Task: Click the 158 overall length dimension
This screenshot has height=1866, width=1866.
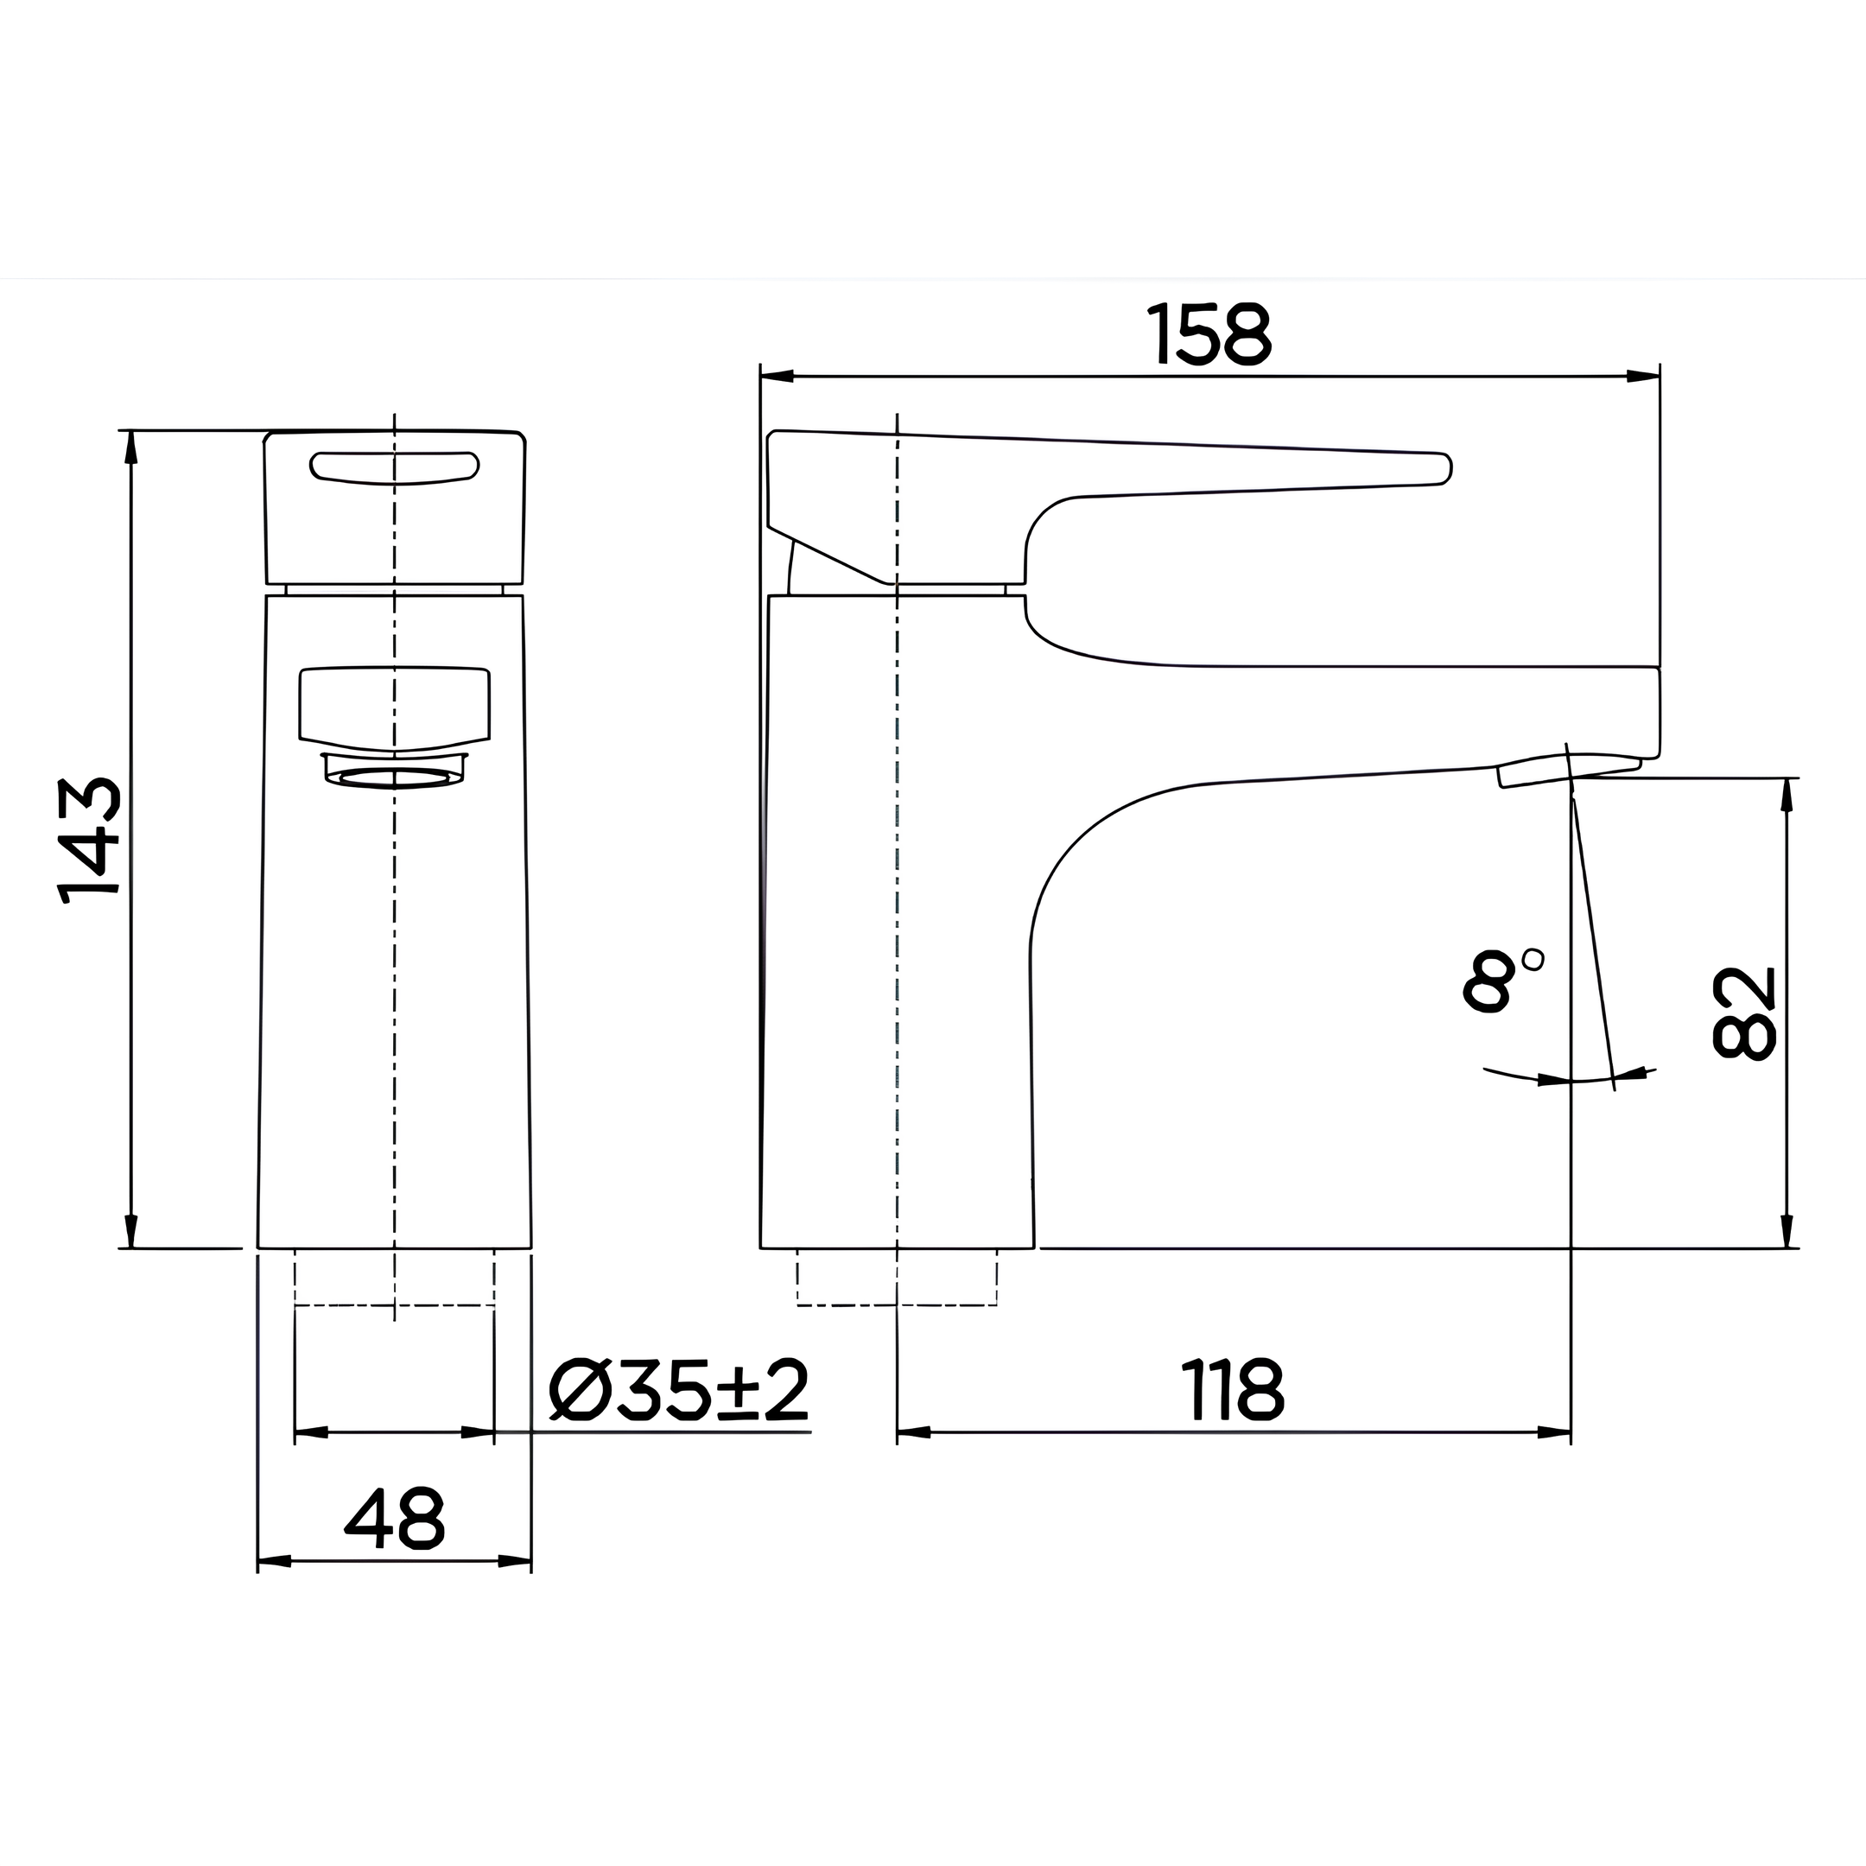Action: click(x=1210, y=335)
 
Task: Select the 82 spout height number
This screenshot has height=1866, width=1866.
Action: click(x=1743, y=1013)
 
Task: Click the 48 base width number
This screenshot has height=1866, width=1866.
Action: click(x=394, y=1519)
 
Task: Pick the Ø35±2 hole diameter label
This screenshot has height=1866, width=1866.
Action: click(x=679, y=1391)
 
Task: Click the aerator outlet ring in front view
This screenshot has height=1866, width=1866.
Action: click(x=394, y=777)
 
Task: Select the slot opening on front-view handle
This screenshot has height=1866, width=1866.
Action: click(x=394, y=467)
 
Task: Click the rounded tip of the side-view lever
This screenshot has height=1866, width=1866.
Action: click(x=1443, y=467)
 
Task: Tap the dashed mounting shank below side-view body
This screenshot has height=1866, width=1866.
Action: click(x=897, y=1278)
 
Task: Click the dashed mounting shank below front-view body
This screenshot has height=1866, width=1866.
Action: click(x=394, y=1278)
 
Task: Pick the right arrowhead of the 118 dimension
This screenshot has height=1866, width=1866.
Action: click(x=1554, y=1432)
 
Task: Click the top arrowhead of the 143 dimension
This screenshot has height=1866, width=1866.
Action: click(x=131, y=447)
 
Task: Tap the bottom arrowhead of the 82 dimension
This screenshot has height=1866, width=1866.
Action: click(x=1787, y=1230)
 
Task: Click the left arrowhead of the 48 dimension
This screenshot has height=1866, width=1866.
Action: click(x=275, y=1562)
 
